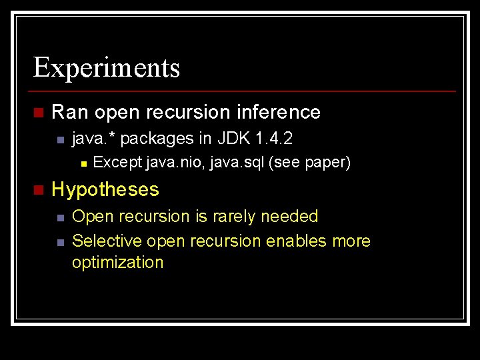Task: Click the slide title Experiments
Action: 107,68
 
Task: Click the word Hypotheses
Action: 105,190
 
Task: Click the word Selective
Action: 107,241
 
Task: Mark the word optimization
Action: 117,263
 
